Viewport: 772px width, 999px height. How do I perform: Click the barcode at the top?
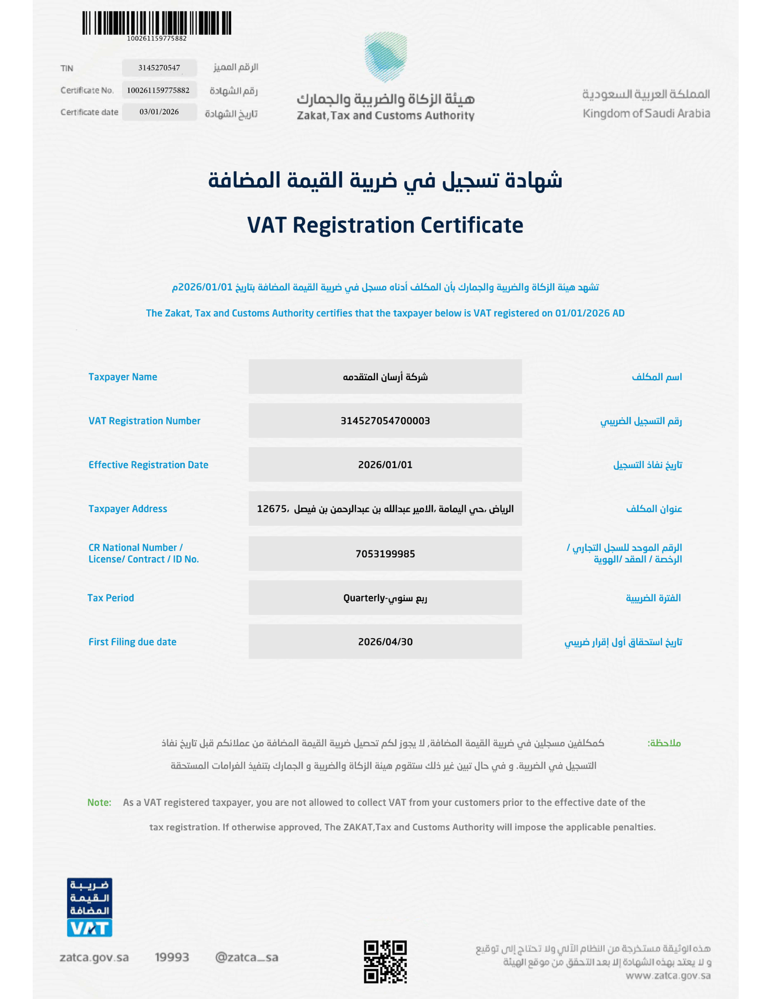(x=156, y=23)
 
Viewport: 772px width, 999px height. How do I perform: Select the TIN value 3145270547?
(x=159, y=68)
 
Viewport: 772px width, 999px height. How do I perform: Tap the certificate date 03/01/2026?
(x=159, y=112)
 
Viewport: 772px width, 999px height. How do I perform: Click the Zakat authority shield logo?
(x=385, y=57)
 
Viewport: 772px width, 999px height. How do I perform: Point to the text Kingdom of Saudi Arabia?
(x=646, y=114)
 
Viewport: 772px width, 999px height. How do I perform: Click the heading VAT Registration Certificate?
(x=385, y=225)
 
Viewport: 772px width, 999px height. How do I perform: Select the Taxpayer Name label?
(x=123, y=377)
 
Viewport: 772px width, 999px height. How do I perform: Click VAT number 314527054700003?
(x=385, y=421)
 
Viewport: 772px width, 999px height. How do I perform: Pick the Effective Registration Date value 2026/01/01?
(x=385, y=465)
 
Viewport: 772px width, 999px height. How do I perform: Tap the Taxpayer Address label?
(x=127, y=509)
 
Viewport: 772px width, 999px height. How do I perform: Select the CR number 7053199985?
(x=385, y=554)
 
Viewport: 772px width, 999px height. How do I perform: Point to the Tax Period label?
(x=110, y=598)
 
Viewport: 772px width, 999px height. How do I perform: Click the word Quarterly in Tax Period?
(x=364, y=598)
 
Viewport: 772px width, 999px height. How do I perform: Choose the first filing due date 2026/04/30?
(x=385, y=642)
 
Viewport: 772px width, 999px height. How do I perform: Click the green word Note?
(x=99, y=803)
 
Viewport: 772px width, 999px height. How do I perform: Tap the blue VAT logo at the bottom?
(x=89, y=928)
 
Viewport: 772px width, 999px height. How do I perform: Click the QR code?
(x=385, y=961)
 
